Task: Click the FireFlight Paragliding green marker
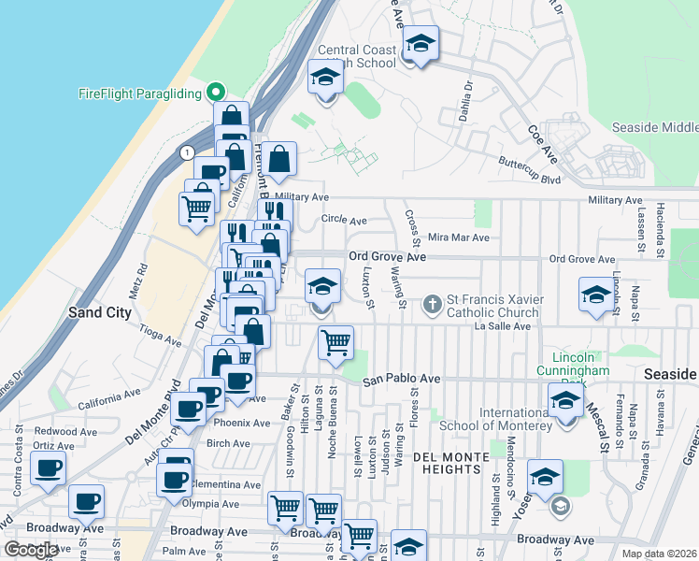click(x=215, y=93)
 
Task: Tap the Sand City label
click(x=99, y=312)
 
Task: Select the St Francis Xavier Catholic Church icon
click(x=432, y=303)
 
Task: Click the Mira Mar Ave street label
click(x=458, y=238)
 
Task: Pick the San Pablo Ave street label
click(x=401, y=379)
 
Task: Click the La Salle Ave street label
click(x=502, y=326)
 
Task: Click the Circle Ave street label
click(x=344, y=221)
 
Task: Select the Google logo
click(x=31, y=550)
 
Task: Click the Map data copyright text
click(x=660, y=554)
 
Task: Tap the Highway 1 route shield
click(x=188, y=151)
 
